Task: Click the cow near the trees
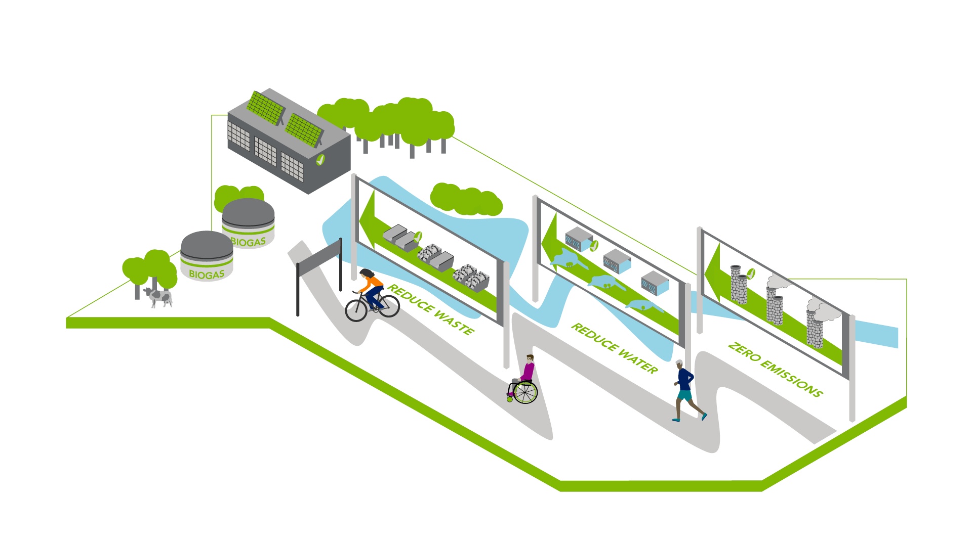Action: pos(159,297)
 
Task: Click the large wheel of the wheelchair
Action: pos(525,392)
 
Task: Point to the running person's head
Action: pos(680,364)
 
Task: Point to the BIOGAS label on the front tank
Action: pos(207,274)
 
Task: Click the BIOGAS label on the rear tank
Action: pos(248,242)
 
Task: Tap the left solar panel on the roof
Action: pos(265,108)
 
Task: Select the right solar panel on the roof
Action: pos(304,130)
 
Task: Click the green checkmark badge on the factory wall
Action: pos(320,160)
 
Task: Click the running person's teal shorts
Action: pos(684,395)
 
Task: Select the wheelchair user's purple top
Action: pos(528,371)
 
